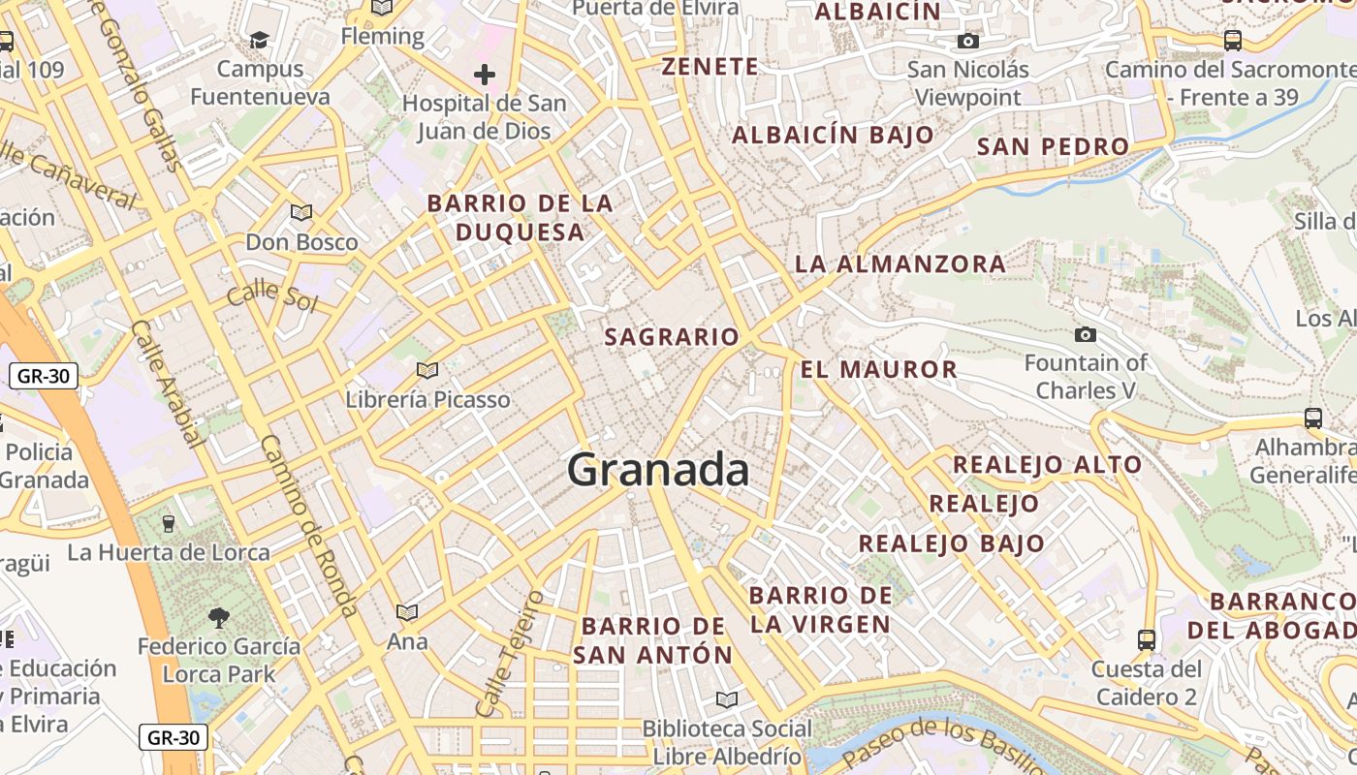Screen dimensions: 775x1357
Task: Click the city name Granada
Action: click(658, 470)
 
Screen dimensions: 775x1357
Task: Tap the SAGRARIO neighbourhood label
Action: click(672, 337)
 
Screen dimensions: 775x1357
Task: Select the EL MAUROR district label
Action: click(878, 369)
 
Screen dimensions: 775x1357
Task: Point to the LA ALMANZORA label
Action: click(900, 263)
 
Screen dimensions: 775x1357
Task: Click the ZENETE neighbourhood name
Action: click(710, 67)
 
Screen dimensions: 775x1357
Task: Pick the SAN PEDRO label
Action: click(1053, 147)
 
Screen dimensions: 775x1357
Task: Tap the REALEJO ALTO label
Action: click(1047, 465)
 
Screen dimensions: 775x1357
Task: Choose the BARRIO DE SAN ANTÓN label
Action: click(653, 640)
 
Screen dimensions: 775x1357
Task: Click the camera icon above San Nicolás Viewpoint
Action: click(967, 41)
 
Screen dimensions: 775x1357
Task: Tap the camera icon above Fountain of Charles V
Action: click(1086, 335)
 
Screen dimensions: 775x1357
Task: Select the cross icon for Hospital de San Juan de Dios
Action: click(484, 75)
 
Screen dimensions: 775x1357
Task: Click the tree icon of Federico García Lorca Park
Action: click(219, 617)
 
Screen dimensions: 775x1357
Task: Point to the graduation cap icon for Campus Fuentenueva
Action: click(259, 40)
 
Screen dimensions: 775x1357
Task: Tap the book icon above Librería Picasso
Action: click(426, 370)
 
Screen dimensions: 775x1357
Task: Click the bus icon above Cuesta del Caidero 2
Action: click(1146, 639)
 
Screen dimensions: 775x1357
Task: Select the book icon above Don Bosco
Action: click(301, 212)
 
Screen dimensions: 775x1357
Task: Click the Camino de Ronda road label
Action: click(309, 526)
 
